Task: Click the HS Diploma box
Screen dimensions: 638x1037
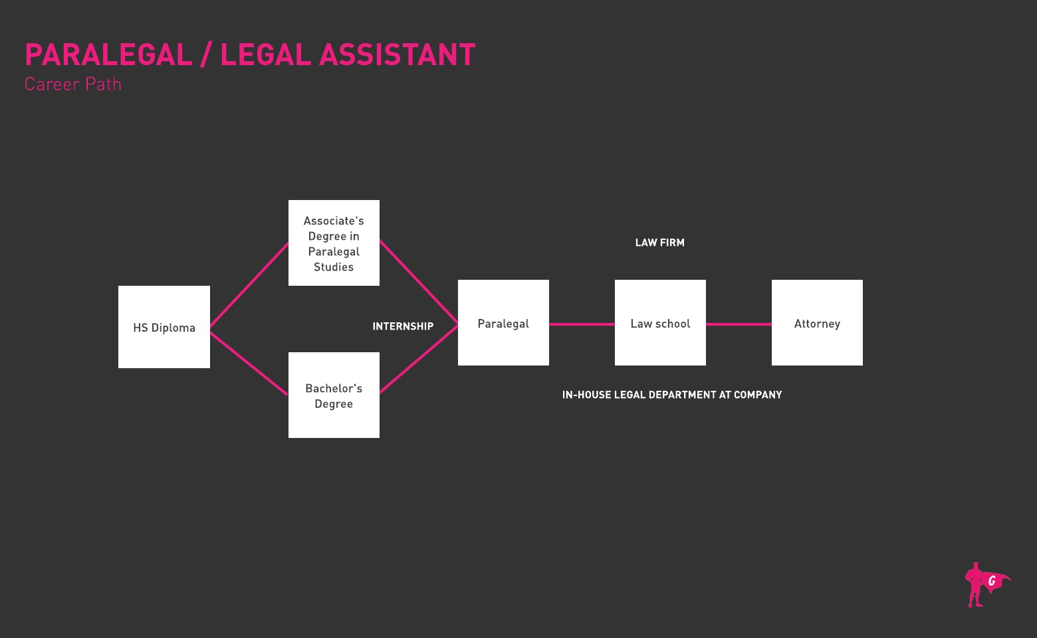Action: [x=164, y=327]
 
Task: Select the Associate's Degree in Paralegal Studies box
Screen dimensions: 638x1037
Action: [x=334, y=243]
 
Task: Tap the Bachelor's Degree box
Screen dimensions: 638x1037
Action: [x=334, y=395]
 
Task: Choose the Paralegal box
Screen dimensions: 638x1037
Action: [x=503, y=323]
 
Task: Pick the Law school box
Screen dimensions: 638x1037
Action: [x=660, y=323]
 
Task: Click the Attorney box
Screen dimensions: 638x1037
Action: [x=817, y=323]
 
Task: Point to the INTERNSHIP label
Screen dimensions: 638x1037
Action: [x=403, y=326]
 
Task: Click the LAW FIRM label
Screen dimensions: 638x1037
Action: [x=659, y=243]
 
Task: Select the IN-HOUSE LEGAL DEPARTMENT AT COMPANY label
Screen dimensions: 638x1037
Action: [x=672, y=395]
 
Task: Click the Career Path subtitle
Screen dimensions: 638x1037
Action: [x=73, y=84]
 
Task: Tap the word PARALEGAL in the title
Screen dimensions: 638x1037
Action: [x=108, y=54]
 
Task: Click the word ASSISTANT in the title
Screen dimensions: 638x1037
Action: [x=398, y=54]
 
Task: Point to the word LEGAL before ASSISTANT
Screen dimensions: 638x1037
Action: [x=265, y=54]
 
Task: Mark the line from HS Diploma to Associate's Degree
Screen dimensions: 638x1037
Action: [x=249, y=285]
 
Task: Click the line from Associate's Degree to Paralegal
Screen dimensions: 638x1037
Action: [x=419, y=282]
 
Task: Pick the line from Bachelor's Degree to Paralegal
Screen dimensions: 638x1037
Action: [x=419, y=359]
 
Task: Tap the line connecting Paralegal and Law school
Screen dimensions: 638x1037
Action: [x=582, y=324]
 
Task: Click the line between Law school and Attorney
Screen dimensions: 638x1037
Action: [x=739, y=324]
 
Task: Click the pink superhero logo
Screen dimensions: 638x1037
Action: [x=985, y=585]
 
